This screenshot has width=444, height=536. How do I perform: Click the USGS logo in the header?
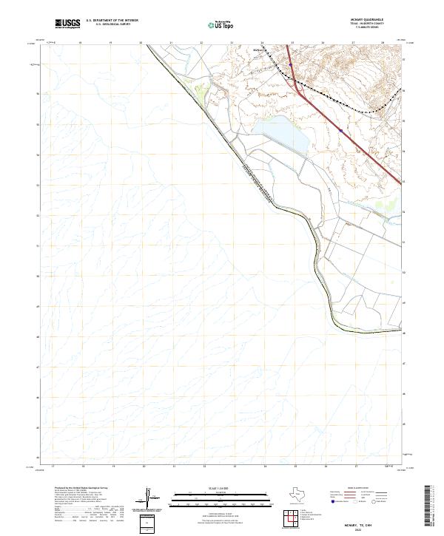tap(68, 24)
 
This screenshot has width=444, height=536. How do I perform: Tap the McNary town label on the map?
tap(258, 52)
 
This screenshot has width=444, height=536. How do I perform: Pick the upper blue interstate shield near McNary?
tap(292, 65)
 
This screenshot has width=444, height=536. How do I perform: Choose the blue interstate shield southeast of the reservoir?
tap(340, 129)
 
